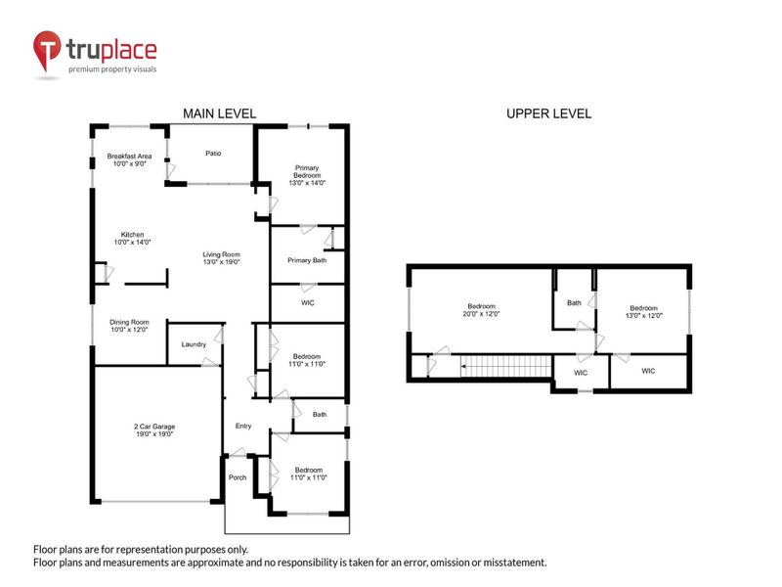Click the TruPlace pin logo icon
[46, 50]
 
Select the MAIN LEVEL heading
[220, 114]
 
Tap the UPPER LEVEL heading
[547, 114]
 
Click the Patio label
[213, 154]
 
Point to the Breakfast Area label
[129, 160]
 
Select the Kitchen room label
[133, 239]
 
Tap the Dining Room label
[128, 326]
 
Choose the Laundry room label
[192, 344]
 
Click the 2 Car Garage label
[153, 430]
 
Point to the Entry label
[243, 426]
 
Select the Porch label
[238, 477]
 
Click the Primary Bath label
[306, 261]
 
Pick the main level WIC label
[307, 303]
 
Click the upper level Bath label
[574, 302]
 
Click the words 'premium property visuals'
[111, 69]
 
